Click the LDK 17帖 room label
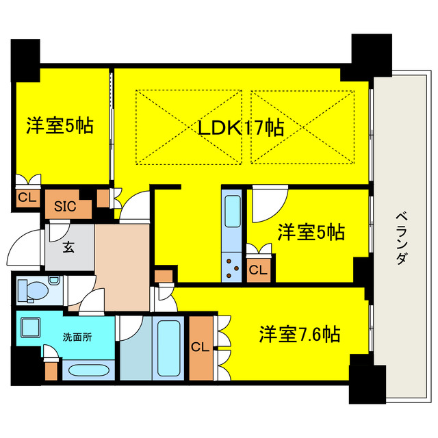[241, 128]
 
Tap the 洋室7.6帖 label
[300, 334]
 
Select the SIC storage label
[65, 206]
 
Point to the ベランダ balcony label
[402, 238]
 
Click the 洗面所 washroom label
[77, 337]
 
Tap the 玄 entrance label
[68, 247]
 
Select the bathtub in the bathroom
[168, 348]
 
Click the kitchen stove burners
[232, 268]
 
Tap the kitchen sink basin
[233, 211]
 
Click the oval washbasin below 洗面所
[88, 371]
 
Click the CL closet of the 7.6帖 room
[201, 348]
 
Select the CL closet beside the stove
[259, 270]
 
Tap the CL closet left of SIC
[27, 198]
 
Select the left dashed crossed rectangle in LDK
[189, 127]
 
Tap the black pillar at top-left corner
[25, 61]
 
